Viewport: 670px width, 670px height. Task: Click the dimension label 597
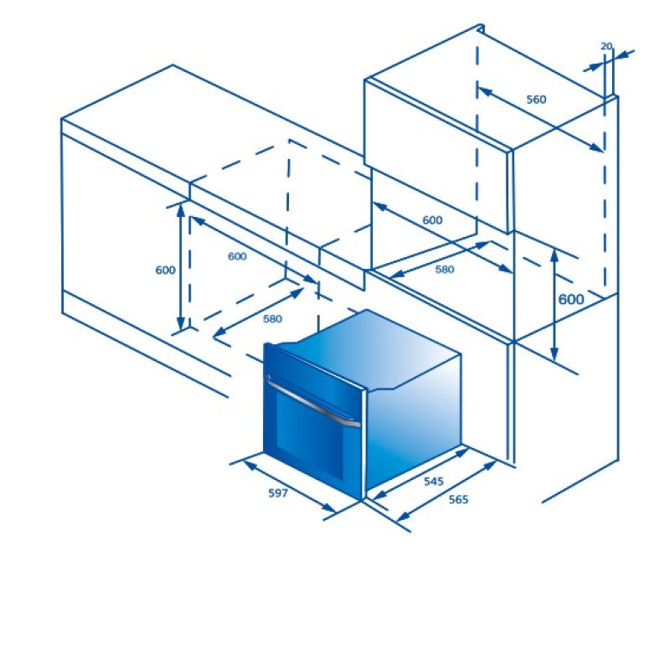coord(278,493)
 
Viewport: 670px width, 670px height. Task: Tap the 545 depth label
coord(434,482)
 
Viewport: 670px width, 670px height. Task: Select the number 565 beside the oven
coord(458,499)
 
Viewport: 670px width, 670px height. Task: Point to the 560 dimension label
coord(536,100)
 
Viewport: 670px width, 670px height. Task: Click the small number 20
coord(606,46)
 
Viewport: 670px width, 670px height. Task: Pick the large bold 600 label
coord(571,300)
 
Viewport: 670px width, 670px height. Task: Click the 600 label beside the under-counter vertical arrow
coord(165,270)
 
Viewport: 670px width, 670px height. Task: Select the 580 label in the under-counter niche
coord(272,319)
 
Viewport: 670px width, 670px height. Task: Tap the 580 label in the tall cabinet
coord(445,270)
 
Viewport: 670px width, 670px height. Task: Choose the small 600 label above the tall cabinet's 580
coord(432,220)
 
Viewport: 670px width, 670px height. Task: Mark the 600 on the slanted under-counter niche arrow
coord(237,256)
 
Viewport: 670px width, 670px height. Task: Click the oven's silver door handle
coord(312,402)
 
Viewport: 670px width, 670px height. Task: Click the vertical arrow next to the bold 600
coord(554,305)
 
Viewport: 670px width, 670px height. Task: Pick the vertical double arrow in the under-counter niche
coord(181,266)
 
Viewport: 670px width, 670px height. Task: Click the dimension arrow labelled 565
coord(446,491)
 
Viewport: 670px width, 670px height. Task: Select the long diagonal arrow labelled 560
coord(540,120)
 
